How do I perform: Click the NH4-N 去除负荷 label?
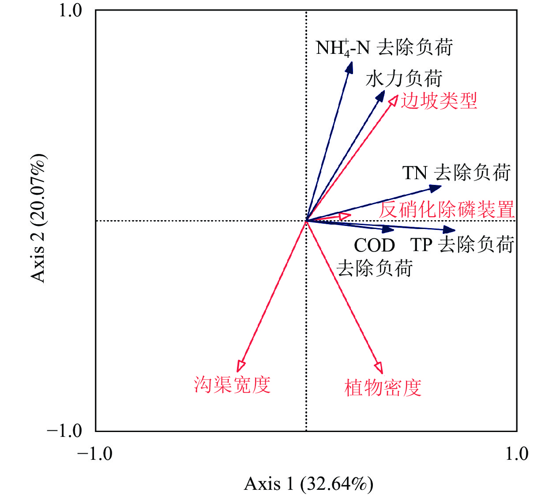(384, 48)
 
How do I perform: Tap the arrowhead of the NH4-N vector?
(350, 67)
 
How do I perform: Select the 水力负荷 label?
(404, 79)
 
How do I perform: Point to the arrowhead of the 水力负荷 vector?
(381, 95)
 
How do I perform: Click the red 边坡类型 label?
(439, 101)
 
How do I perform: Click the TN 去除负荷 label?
(456, 173)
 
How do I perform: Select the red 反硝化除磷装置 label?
(447, 209)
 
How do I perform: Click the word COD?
(374, 245)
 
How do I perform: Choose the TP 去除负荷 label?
(462, 244)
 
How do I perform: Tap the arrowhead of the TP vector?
(450, 229)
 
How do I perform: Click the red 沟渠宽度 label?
(232, 385)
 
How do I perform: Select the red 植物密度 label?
(383, 388)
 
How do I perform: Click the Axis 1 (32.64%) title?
(308, 484)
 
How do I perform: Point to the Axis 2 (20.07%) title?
(38, 218)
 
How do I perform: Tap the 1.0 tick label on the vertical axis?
(71, 11)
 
